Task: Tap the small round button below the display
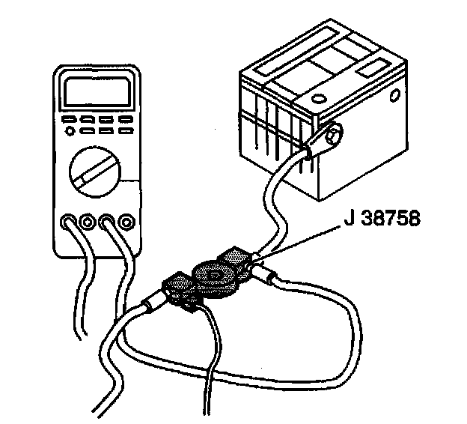[70, 132]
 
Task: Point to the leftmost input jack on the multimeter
[69, 222]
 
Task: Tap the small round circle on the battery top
[317, 98]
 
